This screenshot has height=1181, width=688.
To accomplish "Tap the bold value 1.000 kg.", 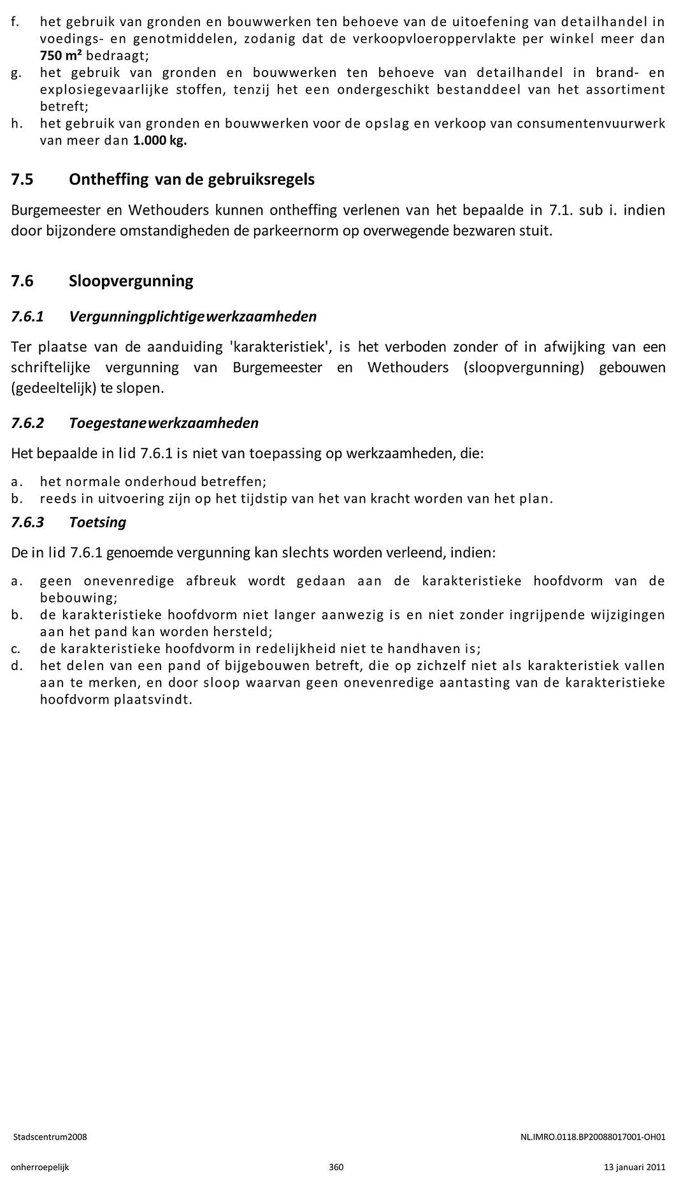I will tap(160, 140).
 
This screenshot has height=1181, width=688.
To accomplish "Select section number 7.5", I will tap(22, 180).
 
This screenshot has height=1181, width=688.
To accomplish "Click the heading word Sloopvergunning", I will tap(131, 281).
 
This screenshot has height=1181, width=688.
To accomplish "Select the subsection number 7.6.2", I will tap(28, 423).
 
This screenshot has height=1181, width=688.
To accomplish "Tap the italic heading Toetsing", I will tap(97, 522).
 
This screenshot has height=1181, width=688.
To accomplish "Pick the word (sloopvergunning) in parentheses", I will tap(524, 368).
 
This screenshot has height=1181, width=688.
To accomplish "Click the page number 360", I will tap(336, 1167).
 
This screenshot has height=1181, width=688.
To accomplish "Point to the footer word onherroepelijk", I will tap(40, 1167).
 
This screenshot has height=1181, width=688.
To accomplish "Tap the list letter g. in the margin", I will tap(16, 73).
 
